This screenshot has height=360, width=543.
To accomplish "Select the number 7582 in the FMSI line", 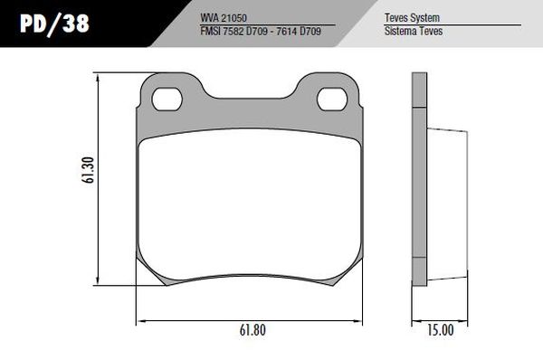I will pos(234,31).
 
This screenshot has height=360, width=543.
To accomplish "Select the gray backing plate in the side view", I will pos(418,181).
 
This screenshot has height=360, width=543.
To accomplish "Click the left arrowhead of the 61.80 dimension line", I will pos(139,320).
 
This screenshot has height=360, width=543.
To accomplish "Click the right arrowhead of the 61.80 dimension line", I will pos(362,320).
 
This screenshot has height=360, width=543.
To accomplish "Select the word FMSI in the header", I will pos(212,31).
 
